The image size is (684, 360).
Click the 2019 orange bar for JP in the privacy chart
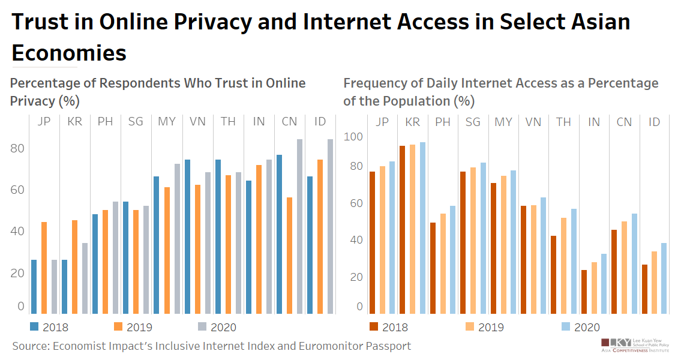[44, 268]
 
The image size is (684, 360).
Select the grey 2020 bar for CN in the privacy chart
[299, 226]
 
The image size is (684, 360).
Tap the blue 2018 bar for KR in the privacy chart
[64, 286]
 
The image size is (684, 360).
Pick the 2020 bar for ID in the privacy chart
[330, 226]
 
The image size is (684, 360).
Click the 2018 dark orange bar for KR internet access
[403, 229]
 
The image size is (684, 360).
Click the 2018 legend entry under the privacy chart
[49, 327]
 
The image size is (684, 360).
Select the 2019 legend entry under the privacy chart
[133, 327]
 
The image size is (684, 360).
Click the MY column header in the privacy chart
[167, 122]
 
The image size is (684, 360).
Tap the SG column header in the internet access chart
[473, 122]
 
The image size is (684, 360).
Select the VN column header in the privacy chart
[197, 122]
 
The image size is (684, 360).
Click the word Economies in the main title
[69, 53]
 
